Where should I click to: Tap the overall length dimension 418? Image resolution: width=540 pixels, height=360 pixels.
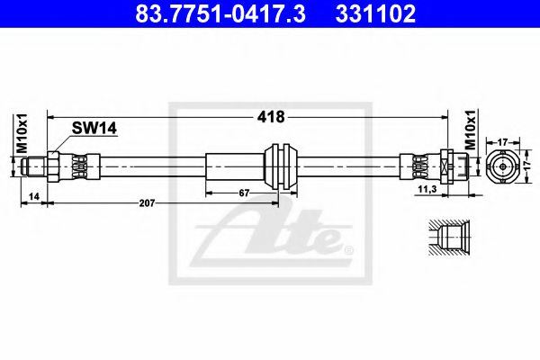271,116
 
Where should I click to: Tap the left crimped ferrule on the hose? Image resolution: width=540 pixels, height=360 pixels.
80,166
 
